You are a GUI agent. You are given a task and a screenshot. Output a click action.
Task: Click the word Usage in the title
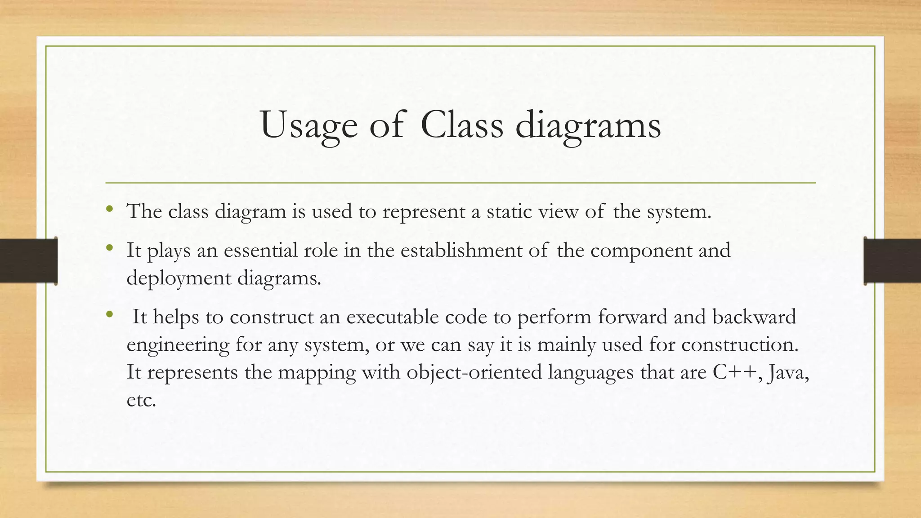point(309,125)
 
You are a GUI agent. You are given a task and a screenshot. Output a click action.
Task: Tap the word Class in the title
point(462,125)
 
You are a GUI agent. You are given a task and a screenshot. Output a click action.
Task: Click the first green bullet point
point(109,209)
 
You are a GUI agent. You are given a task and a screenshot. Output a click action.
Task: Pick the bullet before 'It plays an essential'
point(109,247)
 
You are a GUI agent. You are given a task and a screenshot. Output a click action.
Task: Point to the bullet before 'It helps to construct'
point(109,314)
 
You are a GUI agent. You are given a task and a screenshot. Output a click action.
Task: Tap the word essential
point(260,250)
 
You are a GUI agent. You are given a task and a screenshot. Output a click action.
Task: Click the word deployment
point(179,279)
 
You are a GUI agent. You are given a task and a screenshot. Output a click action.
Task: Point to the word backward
point(754,317)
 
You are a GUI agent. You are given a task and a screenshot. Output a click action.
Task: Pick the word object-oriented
point(474,373)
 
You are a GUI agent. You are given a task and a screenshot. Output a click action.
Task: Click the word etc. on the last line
point(141,400)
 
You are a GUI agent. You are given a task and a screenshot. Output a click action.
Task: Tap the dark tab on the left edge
point(28,261)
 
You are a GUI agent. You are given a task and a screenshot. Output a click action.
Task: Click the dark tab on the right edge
point(892,261)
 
